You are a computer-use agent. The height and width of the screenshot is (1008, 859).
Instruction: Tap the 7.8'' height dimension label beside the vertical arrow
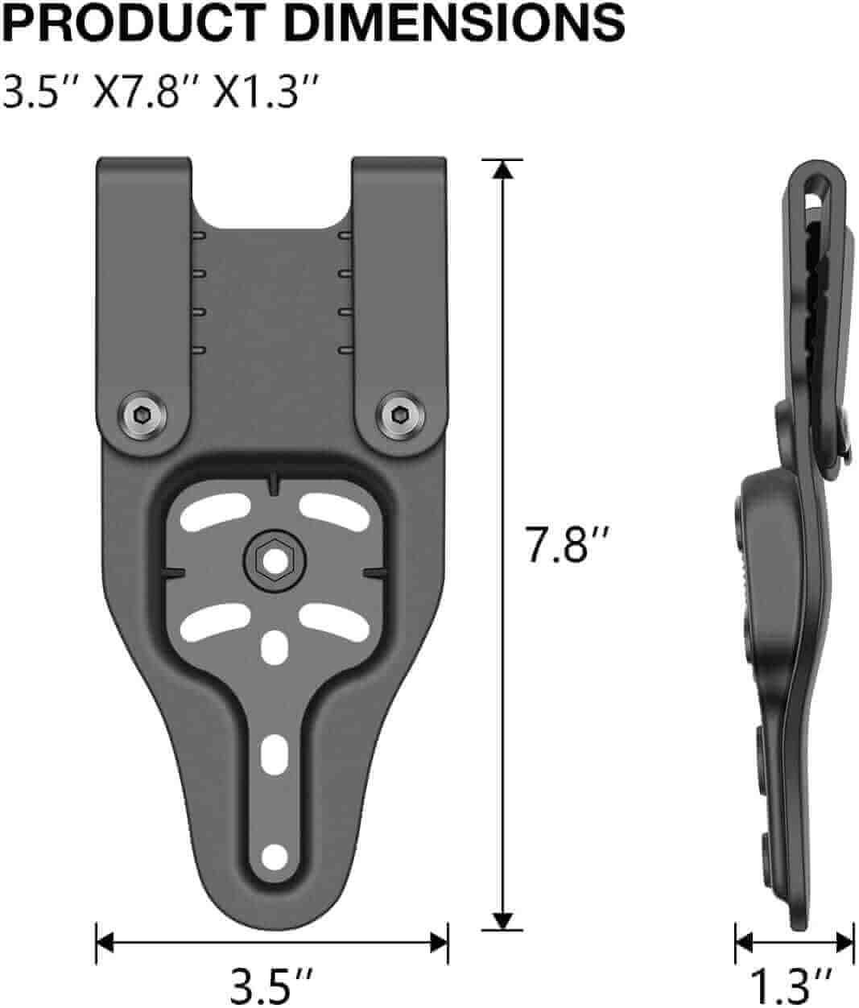click(561, 546)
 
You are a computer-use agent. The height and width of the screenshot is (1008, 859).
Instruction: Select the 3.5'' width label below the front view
click(271, 984)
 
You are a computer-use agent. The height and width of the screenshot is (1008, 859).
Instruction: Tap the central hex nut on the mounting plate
click(272, 556)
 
